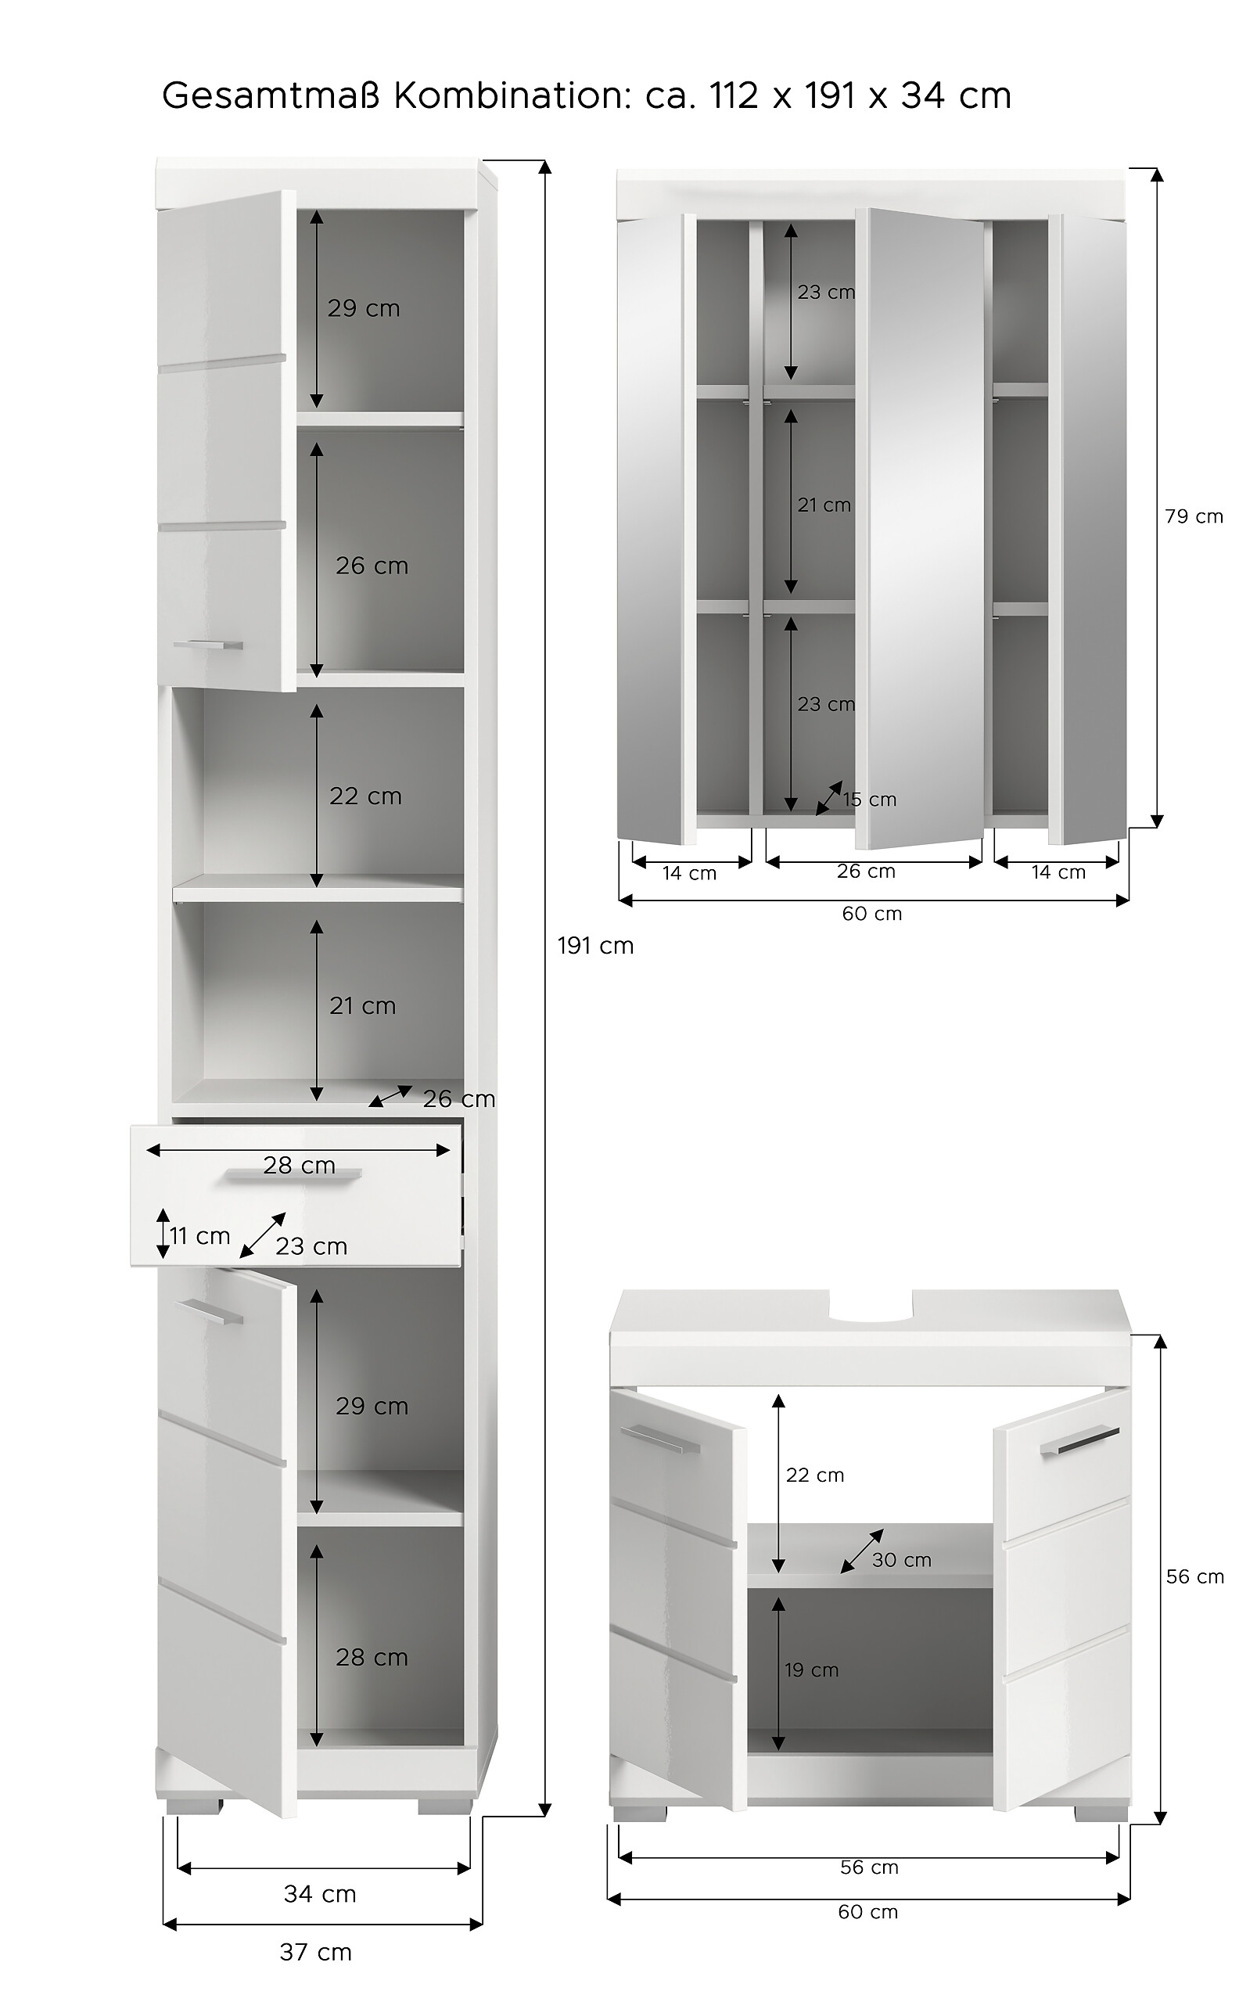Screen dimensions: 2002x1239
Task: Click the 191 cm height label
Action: coord(596,946)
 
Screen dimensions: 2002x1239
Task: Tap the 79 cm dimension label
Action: coord(1193,516)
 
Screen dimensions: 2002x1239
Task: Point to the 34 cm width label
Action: coord(320,1894)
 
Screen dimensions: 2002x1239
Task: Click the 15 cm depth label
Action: coord(870,800)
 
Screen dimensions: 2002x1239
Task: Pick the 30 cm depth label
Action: coord(901,1559)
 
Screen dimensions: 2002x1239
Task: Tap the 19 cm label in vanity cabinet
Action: coord(811,1670)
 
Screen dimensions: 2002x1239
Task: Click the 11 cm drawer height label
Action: coord(200,1236)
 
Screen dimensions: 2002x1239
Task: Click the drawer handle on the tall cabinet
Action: coord(293,1176)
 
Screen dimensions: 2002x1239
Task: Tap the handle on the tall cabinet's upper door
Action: coord(208,644)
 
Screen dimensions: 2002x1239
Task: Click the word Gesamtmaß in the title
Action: coord(272,96)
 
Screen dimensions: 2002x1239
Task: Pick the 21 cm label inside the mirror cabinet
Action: coord(824,505)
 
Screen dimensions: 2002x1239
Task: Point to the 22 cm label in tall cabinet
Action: coord(365,796)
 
